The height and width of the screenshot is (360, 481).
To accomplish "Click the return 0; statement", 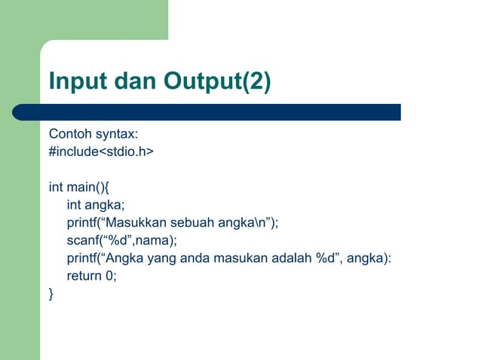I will (92, 276).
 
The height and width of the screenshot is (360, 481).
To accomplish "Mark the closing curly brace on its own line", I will (51, 294).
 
